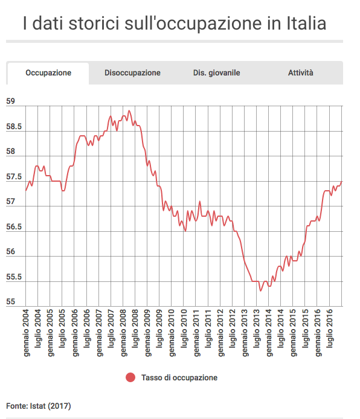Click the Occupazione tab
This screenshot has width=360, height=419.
(48, 73)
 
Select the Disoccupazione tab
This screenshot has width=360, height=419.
(132, 73)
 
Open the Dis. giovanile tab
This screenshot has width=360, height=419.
(216, 73)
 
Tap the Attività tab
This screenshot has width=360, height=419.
(300, 72)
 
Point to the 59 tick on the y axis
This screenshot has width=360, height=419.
(10, 101)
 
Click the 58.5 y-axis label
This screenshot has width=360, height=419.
(14, 126)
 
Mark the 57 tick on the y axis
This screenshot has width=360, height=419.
(10, 202)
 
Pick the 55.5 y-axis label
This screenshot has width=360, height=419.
(14, 277)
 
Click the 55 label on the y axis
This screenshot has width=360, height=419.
(10, 302)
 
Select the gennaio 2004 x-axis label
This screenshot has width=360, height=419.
(26, 333)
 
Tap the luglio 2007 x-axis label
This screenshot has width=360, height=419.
(111, 328)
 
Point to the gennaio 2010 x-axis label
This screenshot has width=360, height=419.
(172, 333)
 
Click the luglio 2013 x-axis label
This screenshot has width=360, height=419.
(257, 328)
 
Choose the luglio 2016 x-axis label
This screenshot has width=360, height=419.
(330, 328)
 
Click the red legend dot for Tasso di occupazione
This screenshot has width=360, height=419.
(130, 377)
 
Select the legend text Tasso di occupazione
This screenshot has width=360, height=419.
(179, 377)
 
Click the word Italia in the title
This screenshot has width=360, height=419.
(306, 23)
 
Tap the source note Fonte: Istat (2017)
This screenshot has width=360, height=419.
(39, 406)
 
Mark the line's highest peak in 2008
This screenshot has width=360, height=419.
(129, 110)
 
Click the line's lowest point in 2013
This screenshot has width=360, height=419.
(260, 291)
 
